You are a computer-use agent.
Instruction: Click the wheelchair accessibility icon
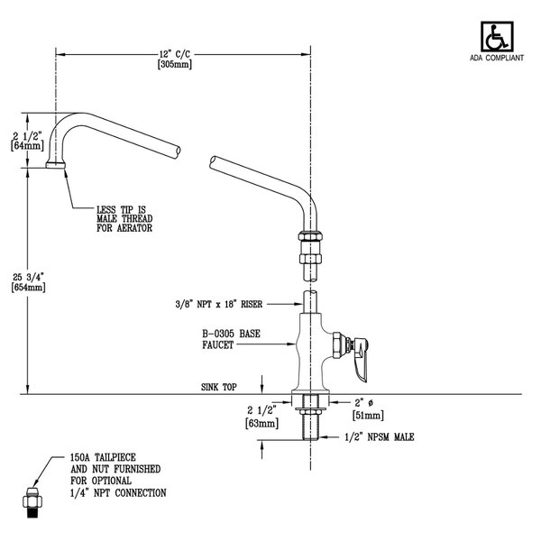pos(494,39)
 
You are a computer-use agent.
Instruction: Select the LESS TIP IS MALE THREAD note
pos(124,217)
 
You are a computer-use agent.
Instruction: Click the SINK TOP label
pos(218,386)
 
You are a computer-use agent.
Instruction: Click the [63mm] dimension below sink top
pos(257,419)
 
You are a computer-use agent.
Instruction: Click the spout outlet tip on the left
pos(55,165)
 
